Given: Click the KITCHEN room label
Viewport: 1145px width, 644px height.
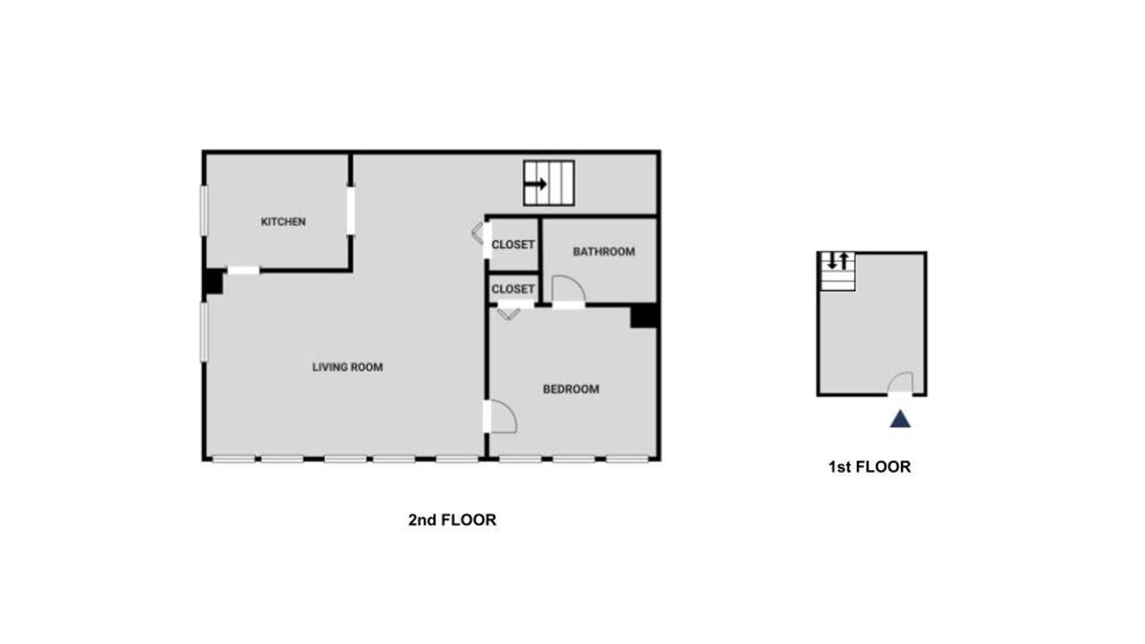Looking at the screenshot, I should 283,221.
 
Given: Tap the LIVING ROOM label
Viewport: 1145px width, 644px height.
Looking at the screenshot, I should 347,367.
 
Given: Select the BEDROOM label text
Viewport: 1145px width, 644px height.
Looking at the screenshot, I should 571,389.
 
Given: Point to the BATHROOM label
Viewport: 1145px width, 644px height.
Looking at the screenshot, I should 603,252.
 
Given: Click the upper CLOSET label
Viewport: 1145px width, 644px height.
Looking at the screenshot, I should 513,244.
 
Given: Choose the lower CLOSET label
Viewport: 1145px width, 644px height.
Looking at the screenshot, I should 513,288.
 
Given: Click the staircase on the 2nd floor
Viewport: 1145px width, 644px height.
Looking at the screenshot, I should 549,183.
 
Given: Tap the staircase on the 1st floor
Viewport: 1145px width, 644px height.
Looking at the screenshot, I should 838,271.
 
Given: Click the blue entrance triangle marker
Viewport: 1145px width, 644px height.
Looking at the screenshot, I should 900,420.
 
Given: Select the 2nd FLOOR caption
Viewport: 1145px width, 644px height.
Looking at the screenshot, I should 452,520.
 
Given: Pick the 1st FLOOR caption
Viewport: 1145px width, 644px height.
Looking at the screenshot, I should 869,466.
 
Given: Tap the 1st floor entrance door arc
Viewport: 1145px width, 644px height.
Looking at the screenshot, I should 900,383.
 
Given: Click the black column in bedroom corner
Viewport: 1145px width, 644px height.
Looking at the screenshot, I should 644,316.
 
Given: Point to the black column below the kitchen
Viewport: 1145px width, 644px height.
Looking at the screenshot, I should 213,282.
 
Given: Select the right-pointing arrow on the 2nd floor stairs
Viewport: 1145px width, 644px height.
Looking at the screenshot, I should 536,184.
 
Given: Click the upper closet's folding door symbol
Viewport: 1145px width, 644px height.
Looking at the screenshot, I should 478,232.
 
